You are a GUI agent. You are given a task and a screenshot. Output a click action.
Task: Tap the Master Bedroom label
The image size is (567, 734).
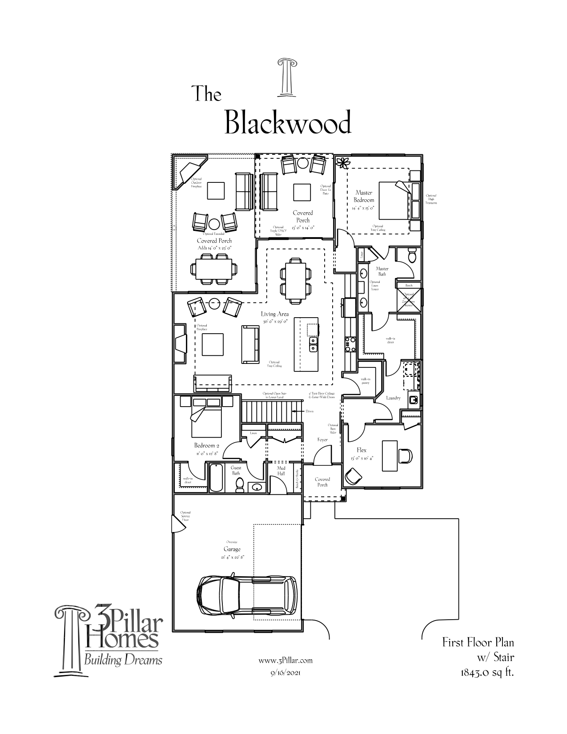click(x=364, y=197)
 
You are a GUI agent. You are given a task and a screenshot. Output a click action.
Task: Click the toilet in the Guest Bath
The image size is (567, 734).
click(x=239, y=484)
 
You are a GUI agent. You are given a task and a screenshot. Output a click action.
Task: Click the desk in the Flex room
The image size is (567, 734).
click(x=390, y=455)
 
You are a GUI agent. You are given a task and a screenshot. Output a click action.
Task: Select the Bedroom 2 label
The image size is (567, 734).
click(x=206, y=445)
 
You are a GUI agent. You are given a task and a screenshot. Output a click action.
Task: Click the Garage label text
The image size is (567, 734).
click(x=232, y=549)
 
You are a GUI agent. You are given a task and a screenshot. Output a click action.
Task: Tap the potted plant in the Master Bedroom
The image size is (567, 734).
click(x=343, y=163)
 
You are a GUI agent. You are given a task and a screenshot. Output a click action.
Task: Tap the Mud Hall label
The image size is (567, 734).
click(x=281, y=470)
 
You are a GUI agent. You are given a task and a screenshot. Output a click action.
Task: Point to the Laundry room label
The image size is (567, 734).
click(x=393, y=398)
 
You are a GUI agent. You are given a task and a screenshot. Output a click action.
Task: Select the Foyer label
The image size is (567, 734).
click(x=322, y=440)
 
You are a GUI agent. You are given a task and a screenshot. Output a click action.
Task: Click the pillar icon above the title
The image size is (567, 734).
click(x=286, y=77)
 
